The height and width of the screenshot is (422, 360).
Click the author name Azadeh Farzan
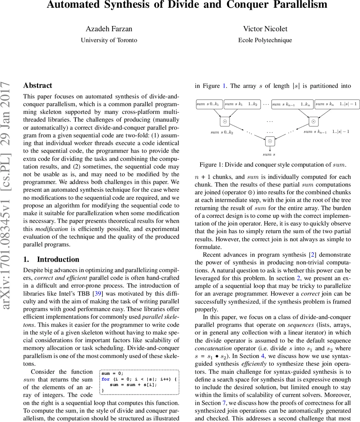109,29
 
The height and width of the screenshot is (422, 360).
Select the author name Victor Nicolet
265,29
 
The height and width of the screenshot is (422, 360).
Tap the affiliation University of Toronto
109,40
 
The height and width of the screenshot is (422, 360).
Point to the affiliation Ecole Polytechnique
265,40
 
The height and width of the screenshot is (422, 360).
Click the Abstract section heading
38,85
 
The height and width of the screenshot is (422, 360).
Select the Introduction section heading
58,260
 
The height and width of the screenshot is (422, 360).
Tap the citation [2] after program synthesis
311,255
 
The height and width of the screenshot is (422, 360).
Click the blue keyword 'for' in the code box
106,379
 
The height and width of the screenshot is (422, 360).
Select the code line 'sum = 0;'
112,373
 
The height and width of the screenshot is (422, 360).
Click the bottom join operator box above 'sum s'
270,141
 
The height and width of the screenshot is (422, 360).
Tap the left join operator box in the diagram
225,122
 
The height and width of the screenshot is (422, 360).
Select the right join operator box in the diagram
314,122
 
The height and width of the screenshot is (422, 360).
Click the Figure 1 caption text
273,165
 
